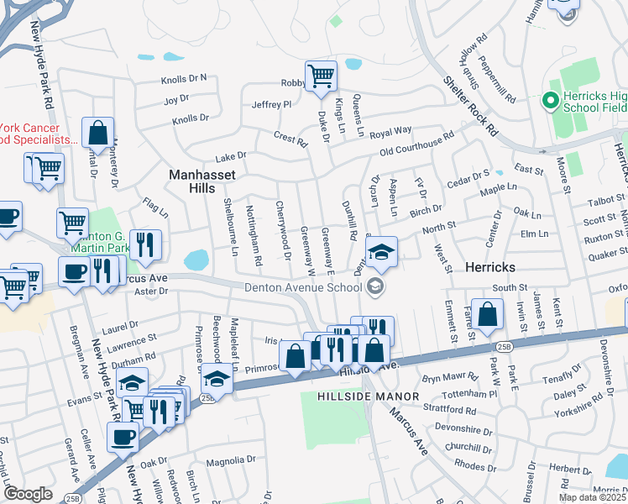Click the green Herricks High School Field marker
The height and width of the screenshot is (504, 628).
551,102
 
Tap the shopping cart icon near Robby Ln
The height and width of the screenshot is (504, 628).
321,76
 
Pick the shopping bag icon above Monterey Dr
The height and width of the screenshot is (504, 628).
98,133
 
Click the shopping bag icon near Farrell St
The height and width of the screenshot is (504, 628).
487,315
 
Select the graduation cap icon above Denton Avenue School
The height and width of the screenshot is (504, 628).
381,252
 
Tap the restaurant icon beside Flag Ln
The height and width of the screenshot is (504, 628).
145,244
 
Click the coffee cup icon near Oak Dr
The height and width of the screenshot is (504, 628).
123,437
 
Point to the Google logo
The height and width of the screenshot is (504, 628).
28,494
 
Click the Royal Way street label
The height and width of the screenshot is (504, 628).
391,131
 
